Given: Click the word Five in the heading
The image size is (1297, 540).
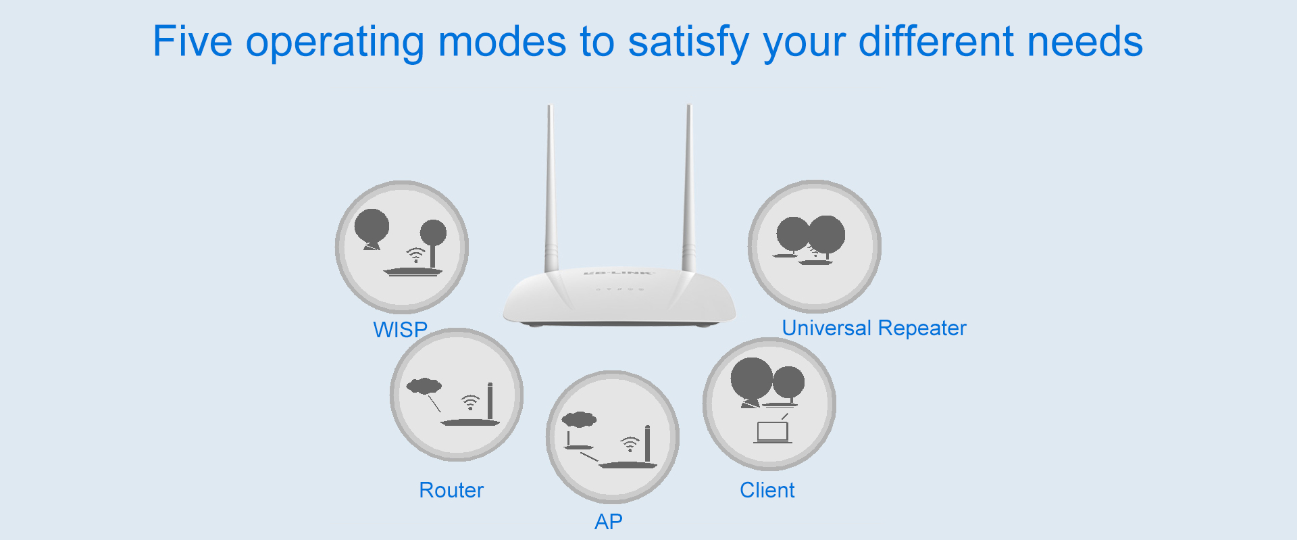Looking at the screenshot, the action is (x=193, y=41).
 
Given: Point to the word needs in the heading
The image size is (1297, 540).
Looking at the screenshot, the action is (x=1085, y=41).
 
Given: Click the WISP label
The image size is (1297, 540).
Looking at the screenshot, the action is (x=401, y=330).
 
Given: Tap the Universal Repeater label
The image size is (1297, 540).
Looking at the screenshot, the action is (x=874, y=328).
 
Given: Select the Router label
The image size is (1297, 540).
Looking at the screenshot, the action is (x=451, y=490).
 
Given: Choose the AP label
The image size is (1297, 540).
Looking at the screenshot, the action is (x=609, y=522).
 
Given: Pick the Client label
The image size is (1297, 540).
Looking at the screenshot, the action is (x=767, y=490).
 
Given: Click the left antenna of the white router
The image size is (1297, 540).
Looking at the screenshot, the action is (x=552, y=189).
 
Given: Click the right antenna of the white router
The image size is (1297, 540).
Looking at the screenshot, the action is (x=689, y=189).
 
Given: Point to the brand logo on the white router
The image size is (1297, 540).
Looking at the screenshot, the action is (x=618, y=272).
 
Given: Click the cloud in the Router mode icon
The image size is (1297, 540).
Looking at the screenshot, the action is (x=424, y=386).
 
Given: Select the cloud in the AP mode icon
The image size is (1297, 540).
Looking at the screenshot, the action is (x=580, y=420).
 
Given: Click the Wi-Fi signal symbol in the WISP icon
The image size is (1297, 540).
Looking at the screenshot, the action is (x=415, y=255).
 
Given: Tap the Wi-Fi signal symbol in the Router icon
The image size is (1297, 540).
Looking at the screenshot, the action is (x=470, y=403).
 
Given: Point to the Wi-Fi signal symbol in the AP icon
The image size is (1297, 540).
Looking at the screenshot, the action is (x=630, y=444).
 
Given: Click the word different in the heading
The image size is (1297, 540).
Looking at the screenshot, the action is (x=936, y=41).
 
